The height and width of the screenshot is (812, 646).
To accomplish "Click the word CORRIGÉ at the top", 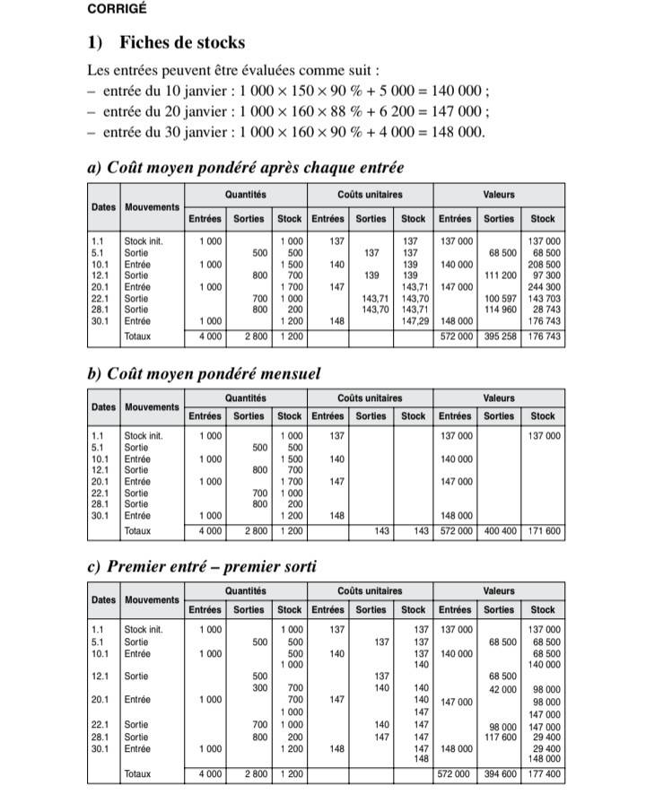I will point(117,9).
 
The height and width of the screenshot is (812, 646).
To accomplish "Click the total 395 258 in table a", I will point(500,336).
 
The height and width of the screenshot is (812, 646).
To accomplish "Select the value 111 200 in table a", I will point(501,275).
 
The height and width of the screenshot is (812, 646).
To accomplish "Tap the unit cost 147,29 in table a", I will point(413,320).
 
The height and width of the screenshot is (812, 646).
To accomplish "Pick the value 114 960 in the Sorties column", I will point(501,309).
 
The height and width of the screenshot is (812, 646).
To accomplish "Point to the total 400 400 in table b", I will point(500,531).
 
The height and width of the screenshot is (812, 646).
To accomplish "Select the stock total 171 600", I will point(544,531).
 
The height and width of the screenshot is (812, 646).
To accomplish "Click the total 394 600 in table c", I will point(500,773).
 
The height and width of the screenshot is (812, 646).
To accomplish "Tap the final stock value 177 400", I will point(544,773).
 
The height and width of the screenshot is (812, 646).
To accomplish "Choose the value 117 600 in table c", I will point(501,737).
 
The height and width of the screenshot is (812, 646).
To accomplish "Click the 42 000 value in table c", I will point(502,689).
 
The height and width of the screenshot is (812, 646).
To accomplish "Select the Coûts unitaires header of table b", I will point(370,398).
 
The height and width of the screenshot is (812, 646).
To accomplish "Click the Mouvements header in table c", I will point(152,599).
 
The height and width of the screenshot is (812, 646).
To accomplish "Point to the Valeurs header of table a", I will point(499,194).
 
